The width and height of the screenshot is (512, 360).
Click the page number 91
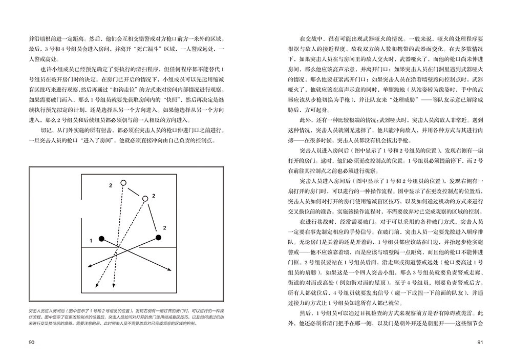(480, 342)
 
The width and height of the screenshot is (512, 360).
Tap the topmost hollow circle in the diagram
(123, 183)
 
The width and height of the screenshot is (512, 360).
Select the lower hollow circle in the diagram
(144, 198)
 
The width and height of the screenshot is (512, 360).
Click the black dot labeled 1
(102, 239)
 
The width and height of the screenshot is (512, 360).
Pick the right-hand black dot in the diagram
(158, 237)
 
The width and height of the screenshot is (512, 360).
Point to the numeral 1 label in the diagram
(90, 240)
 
